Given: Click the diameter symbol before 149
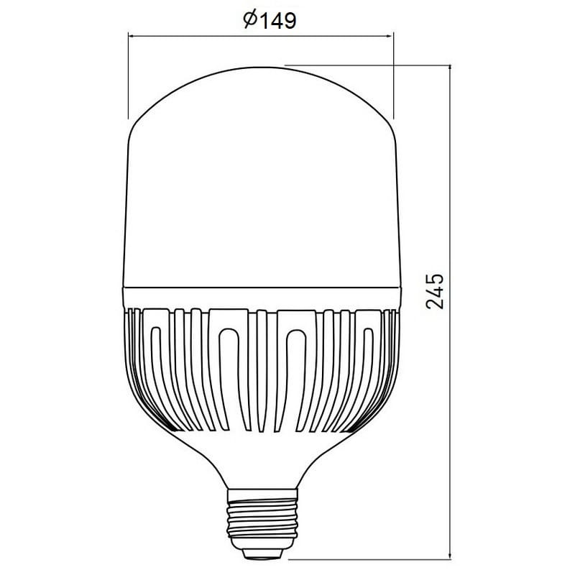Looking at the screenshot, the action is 250,20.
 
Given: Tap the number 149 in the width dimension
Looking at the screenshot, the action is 278,21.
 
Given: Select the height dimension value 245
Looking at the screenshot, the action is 435,291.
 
